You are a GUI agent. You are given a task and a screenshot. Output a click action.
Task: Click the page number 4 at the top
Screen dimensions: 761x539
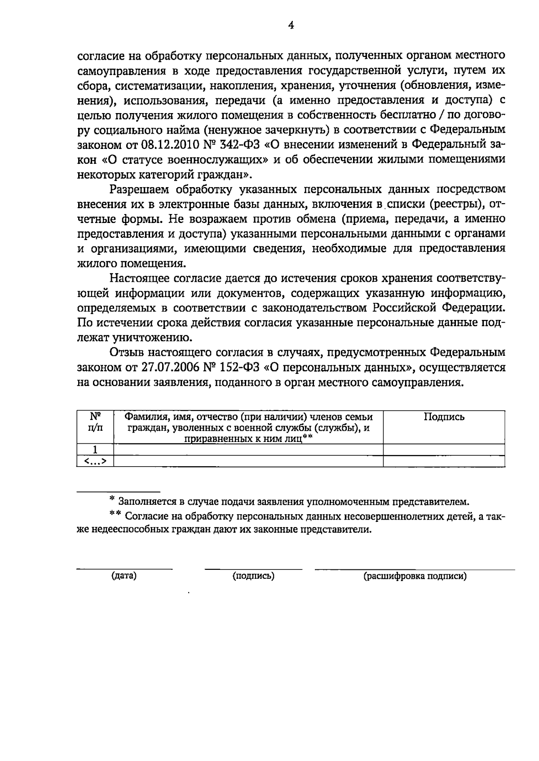291,26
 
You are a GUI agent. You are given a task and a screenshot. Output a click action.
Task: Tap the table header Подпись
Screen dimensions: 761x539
444,417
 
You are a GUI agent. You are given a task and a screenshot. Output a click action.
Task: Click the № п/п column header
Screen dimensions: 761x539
95,423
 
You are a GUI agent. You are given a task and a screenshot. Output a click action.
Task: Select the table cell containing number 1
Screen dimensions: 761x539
95,450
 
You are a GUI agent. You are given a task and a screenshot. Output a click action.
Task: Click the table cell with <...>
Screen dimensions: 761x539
95,461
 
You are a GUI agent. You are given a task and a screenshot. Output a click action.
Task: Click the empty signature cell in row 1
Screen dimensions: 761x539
444,450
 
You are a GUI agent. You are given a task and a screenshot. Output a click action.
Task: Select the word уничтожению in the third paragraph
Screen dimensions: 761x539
150,338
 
